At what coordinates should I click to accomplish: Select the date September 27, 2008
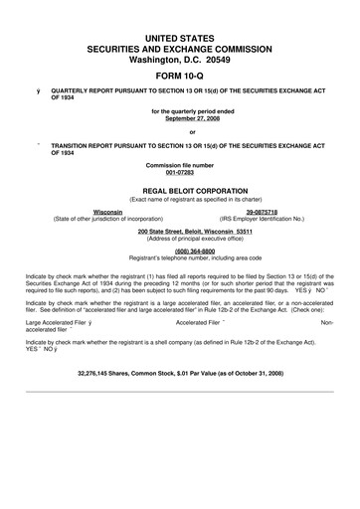pyautogui.click(x=180, y=118)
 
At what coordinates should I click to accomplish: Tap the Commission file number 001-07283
pyautogui.click(x=180, y=170)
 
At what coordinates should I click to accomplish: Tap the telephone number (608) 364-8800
pyautogui.click(x=180, y=251)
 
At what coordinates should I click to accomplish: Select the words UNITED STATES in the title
pyautogui.click(x=180, y=36)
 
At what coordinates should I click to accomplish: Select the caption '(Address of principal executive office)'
pyautogui.click(x=180, y=238)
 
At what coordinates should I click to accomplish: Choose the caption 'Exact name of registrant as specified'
pyautogui.click(x=180, y=196)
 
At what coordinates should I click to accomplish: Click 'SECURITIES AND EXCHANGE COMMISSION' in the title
pyautogui.click(x=180, y=47)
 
